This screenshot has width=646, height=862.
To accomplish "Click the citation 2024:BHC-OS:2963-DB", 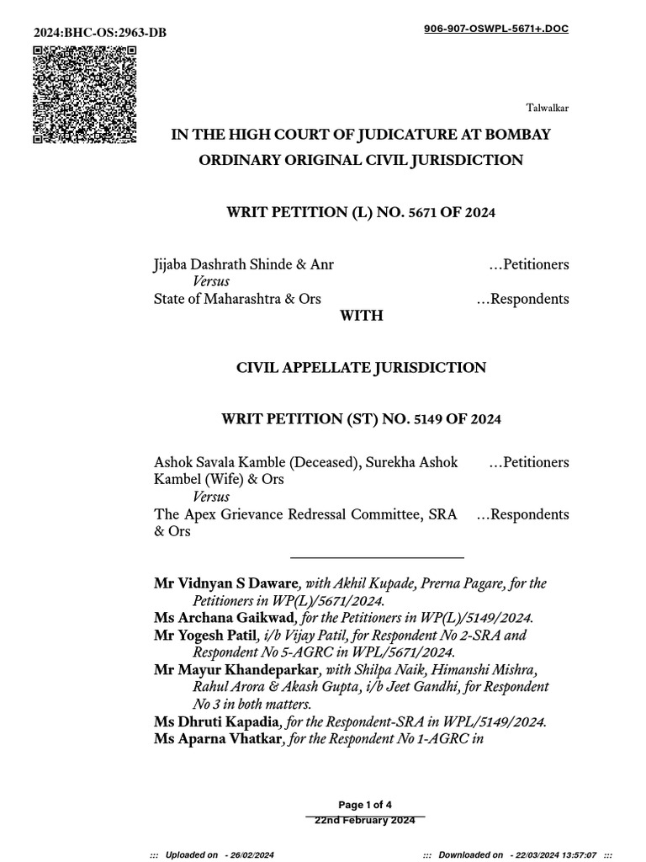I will point(100,33).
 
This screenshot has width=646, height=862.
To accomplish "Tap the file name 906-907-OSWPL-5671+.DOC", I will point(495,29).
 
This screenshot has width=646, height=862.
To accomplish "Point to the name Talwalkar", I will point(548,108).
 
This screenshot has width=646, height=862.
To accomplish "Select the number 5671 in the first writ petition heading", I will point(418,213).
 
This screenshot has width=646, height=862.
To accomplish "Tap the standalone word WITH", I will point(361,316).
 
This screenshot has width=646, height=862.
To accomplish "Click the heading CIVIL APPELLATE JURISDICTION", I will point(361,368).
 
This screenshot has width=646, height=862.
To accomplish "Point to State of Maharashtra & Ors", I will point(237,299).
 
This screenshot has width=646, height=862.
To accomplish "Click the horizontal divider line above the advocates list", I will point(377,557).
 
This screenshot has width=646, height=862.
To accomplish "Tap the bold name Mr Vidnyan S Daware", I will point(225,583).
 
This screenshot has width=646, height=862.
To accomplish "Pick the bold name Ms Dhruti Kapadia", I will point(217,721).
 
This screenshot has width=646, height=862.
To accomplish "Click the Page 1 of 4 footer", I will point(365,805).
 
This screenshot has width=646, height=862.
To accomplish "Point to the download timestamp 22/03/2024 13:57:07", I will point(552,854).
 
